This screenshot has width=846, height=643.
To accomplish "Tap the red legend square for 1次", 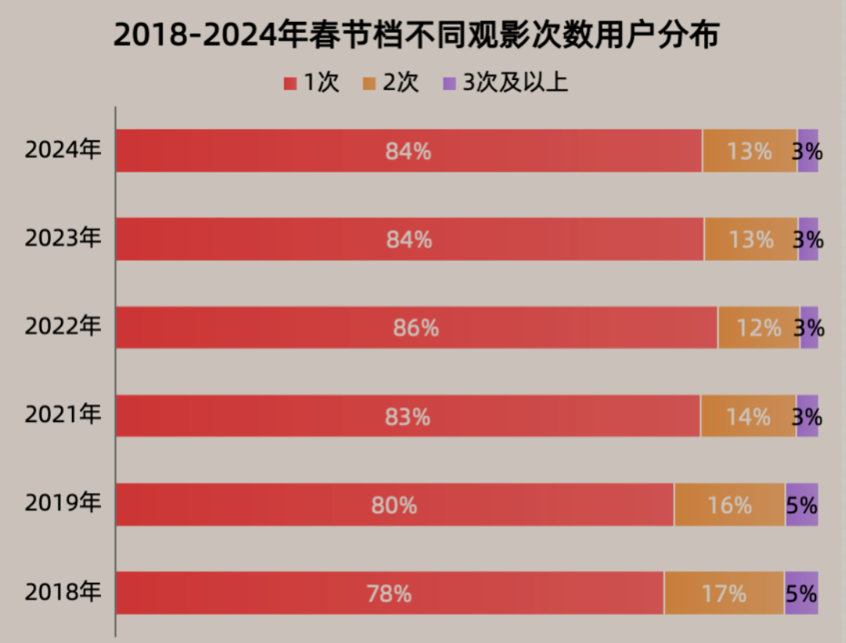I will click(x=290, y=82).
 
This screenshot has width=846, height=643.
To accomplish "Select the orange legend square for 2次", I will click(x=370, y=82).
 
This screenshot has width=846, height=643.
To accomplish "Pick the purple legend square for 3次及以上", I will click(x=450, y=82).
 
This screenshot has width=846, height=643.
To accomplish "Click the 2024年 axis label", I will click(x=63, y=150).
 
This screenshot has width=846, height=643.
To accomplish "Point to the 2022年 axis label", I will click(x=63, y=327).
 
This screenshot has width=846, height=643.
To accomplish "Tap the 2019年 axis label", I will click(x=63, y=503).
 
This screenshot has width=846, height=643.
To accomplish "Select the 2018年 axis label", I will click(x=63, y=592).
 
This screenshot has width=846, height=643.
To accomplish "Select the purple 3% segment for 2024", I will click(x=808, y=151).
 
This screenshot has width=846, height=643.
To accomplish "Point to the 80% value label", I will click(x=394, y=506).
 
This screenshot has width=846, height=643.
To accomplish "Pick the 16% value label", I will click(x=729, y=506).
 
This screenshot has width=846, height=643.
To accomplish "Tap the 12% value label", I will click(x=759, y=328).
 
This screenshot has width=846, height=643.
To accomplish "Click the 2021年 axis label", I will click(x=63, y=415).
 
